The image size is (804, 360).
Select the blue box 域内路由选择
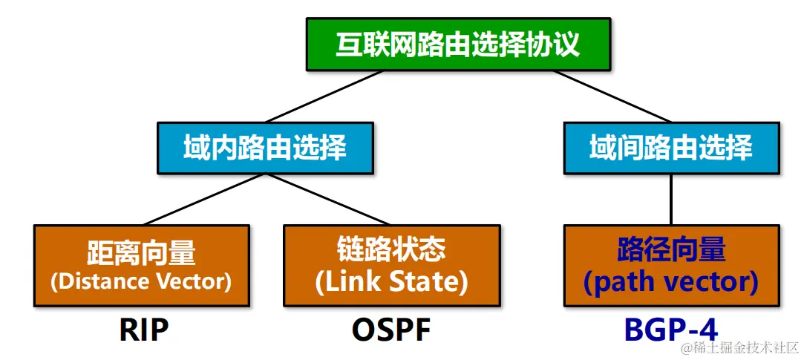tap(264, 148)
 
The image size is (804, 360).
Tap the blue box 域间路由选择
tap(670, 148)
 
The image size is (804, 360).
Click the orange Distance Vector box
tap(140, 266)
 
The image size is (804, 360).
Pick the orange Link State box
tap(391, 266)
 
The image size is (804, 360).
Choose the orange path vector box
tap(670, 266)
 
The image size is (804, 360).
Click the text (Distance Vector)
tap(140, 281)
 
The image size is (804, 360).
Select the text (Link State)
tap(391, 281)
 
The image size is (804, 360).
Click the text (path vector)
tap(670, 281)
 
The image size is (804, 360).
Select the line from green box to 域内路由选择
tap(324, 96)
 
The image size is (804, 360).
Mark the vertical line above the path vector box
tap(671, 199)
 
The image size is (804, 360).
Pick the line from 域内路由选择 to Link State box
tap(327, 199)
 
